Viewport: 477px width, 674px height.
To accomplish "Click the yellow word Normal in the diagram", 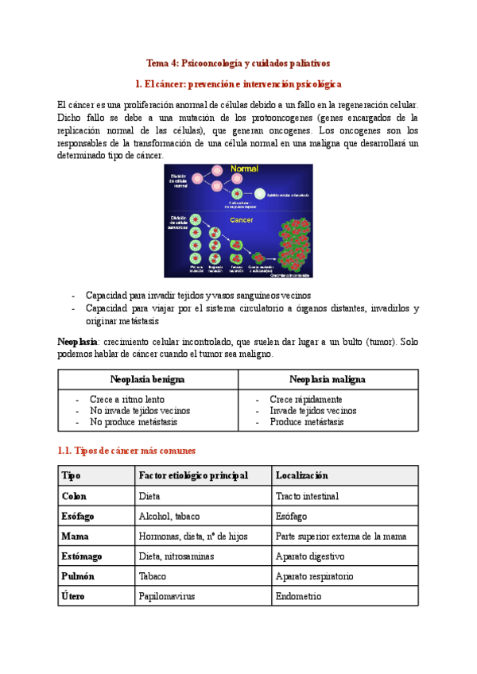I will [x=244, y=169].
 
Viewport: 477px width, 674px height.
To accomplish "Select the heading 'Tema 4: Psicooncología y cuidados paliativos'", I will [x=238, y=63].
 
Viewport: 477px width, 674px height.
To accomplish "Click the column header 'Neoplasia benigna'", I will [x=148, y=380].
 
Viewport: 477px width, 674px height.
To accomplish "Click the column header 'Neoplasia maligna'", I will [x=328, y=380].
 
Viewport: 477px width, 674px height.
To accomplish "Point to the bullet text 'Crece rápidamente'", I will [x=305, y=399].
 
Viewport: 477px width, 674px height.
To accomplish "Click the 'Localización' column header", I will [x=301, y=475].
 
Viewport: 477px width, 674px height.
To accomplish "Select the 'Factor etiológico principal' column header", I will [x=193, y=475].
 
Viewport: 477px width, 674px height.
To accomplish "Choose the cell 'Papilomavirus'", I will [x=167, y=595].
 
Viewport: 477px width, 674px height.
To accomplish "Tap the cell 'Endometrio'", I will [x=298, y=595].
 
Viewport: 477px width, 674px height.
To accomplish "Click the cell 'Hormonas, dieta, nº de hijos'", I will [x=193, y=536].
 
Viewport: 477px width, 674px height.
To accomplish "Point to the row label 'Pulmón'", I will [x=77, y=575].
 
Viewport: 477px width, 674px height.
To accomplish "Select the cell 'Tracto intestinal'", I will [x=307, y=496].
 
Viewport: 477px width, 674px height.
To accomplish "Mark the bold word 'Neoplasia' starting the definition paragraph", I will [x=77, y=341].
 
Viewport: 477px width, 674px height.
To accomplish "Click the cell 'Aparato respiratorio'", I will [x=314, y=575].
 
